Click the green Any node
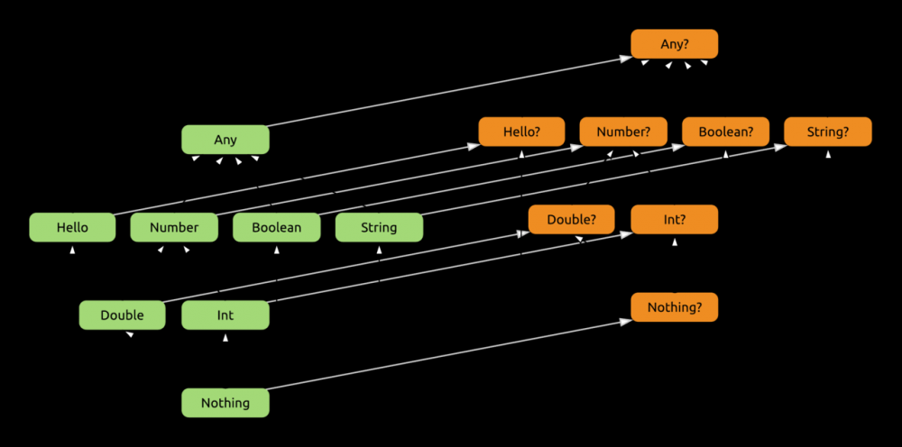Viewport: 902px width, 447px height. [225, 140]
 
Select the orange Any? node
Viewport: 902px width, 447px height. [674, 44]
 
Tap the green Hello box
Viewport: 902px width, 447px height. [72, 227]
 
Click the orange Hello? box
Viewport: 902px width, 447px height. [521, 132]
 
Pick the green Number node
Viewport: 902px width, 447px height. [174, 227]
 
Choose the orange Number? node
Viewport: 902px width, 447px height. [622, 132]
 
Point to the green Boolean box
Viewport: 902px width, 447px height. [277, 227]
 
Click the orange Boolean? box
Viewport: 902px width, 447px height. [725, 132]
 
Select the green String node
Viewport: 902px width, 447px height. [379, 227]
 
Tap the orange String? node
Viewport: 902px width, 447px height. [828, 132]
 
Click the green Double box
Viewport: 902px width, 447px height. [123, 315]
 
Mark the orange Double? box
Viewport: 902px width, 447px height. [572, 219]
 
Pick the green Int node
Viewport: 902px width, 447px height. [225, 315]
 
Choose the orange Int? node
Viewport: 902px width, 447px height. [675, 219]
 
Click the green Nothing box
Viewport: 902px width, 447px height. [225, 403]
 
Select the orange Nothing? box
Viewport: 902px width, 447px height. [675, 307]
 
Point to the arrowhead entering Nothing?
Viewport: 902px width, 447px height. [625, 319]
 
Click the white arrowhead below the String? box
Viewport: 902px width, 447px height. [828, 154]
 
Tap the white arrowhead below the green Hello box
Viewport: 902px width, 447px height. [72, 250]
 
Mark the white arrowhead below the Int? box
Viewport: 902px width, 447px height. [675, 242]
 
